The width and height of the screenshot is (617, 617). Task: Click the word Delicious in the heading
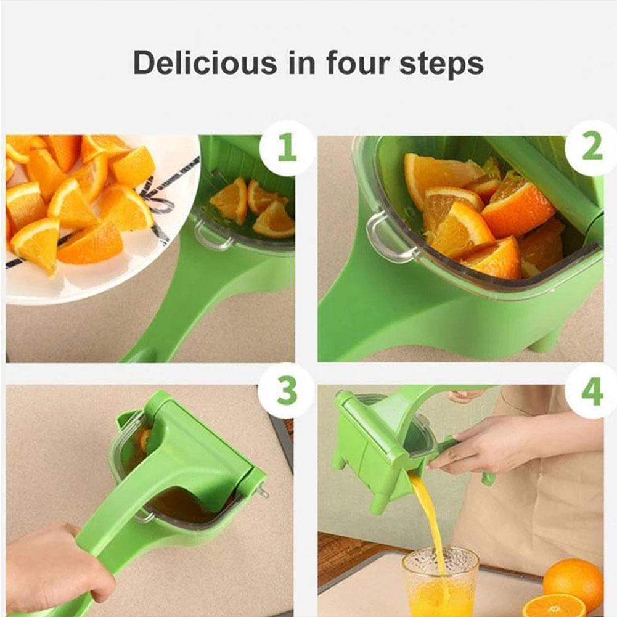tap(196, 63)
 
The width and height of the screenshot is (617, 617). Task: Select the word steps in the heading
tap(441, 64)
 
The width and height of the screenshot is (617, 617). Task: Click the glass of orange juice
tap(440, 579)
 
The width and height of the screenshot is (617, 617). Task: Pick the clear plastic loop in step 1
tap(210, 236)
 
